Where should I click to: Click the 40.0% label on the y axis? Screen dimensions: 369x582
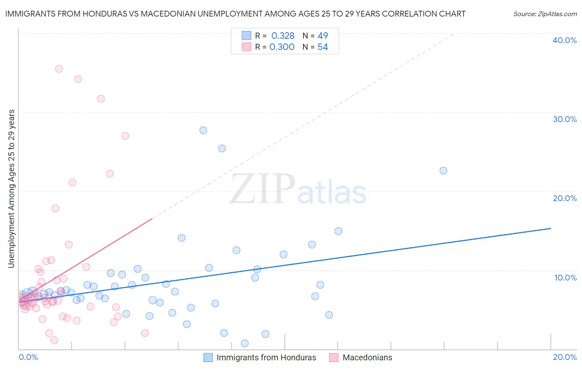point(564,40)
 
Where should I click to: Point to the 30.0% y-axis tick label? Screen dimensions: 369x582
point(564,119)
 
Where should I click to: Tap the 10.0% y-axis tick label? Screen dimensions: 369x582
point(565,278)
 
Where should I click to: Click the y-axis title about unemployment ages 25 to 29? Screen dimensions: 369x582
point(11,189)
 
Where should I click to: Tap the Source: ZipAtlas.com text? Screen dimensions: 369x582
point(545,14)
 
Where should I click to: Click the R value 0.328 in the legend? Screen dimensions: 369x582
point(283,36)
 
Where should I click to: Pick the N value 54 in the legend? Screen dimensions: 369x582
point(322,47)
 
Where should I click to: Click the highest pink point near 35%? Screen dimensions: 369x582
point(59,69)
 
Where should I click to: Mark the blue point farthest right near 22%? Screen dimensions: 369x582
point(443,170)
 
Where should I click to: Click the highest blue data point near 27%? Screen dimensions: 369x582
point(203,130)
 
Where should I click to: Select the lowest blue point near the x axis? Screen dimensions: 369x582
point(245,343)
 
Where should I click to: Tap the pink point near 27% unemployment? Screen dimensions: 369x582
point(125,136)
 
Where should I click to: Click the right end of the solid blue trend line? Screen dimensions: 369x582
point(551,228)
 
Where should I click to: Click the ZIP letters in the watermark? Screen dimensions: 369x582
point(262,189)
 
